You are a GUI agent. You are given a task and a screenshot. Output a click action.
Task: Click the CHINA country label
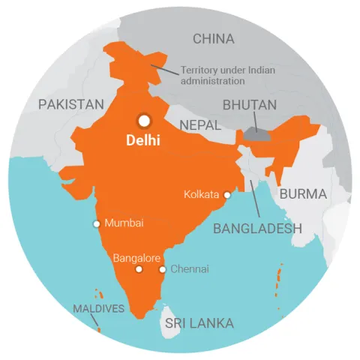point(214,39)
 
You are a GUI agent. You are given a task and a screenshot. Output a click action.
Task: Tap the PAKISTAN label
point(71,105)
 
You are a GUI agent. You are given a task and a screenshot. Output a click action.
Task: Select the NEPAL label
point(200,124)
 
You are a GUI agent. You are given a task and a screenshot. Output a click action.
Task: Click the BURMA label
point(303,194)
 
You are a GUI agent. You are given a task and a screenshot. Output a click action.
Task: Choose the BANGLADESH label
point(257,229)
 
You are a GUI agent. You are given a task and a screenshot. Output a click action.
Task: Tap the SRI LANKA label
point(199,324)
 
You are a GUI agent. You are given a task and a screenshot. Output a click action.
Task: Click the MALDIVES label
point(98,309)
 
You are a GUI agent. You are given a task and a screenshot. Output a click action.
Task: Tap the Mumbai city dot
point(96,223)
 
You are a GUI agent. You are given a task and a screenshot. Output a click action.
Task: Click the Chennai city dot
point(162,269)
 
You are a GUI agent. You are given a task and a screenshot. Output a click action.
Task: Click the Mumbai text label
point(124,223)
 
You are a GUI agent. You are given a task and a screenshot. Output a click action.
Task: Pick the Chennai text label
point(190,269)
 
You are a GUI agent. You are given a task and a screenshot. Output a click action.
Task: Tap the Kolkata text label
point(202,195)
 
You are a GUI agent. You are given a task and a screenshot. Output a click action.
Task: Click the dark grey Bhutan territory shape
point(255,133)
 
